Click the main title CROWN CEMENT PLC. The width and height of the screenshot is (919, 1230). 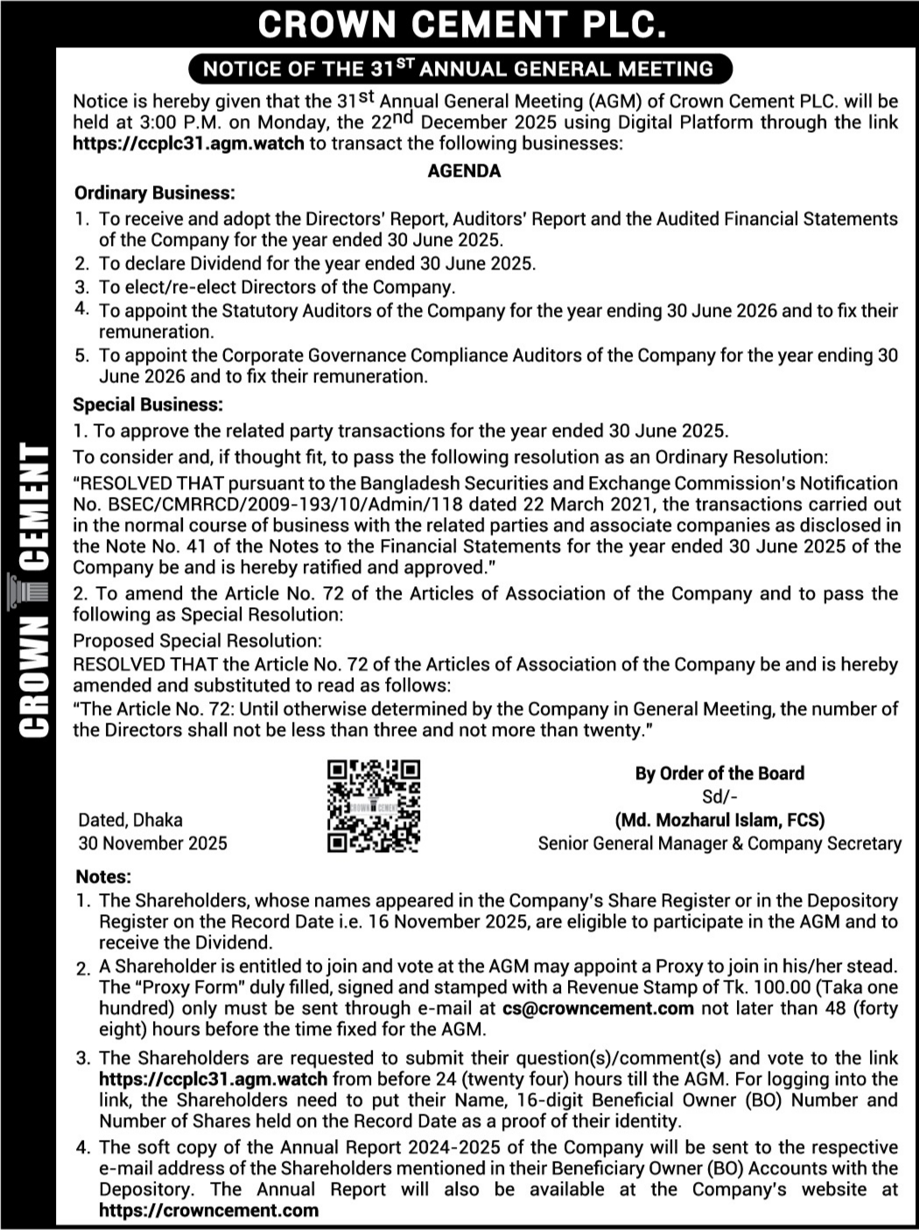(460, 24)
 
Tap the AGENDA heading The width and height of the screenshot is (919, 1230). (464, 171)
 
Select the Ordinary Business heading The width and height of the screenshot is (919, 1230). (155, 193)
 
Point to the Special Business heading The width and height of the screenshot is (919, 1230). (148, 405)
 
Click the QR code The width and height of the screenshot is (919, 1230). (374, 806)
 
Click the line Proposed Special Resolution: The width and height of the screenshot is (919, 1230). (197, 640)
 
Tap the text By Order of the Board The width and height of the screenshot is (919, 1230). (719, 773)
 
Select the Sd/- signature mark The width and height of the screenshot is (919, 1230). (719, 797)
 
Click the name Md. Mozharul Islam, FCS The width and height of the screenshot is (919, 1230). (719, 821)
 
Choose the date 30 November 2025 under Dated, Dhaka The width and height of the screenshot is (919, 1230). (152, 843)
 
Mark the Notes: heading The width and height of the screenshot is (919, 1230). (103, 877)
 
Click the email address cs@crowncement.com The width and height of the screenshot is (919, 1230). (598, 1009)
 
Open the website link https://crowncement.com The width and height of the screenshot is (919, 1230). (209, 1211)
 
